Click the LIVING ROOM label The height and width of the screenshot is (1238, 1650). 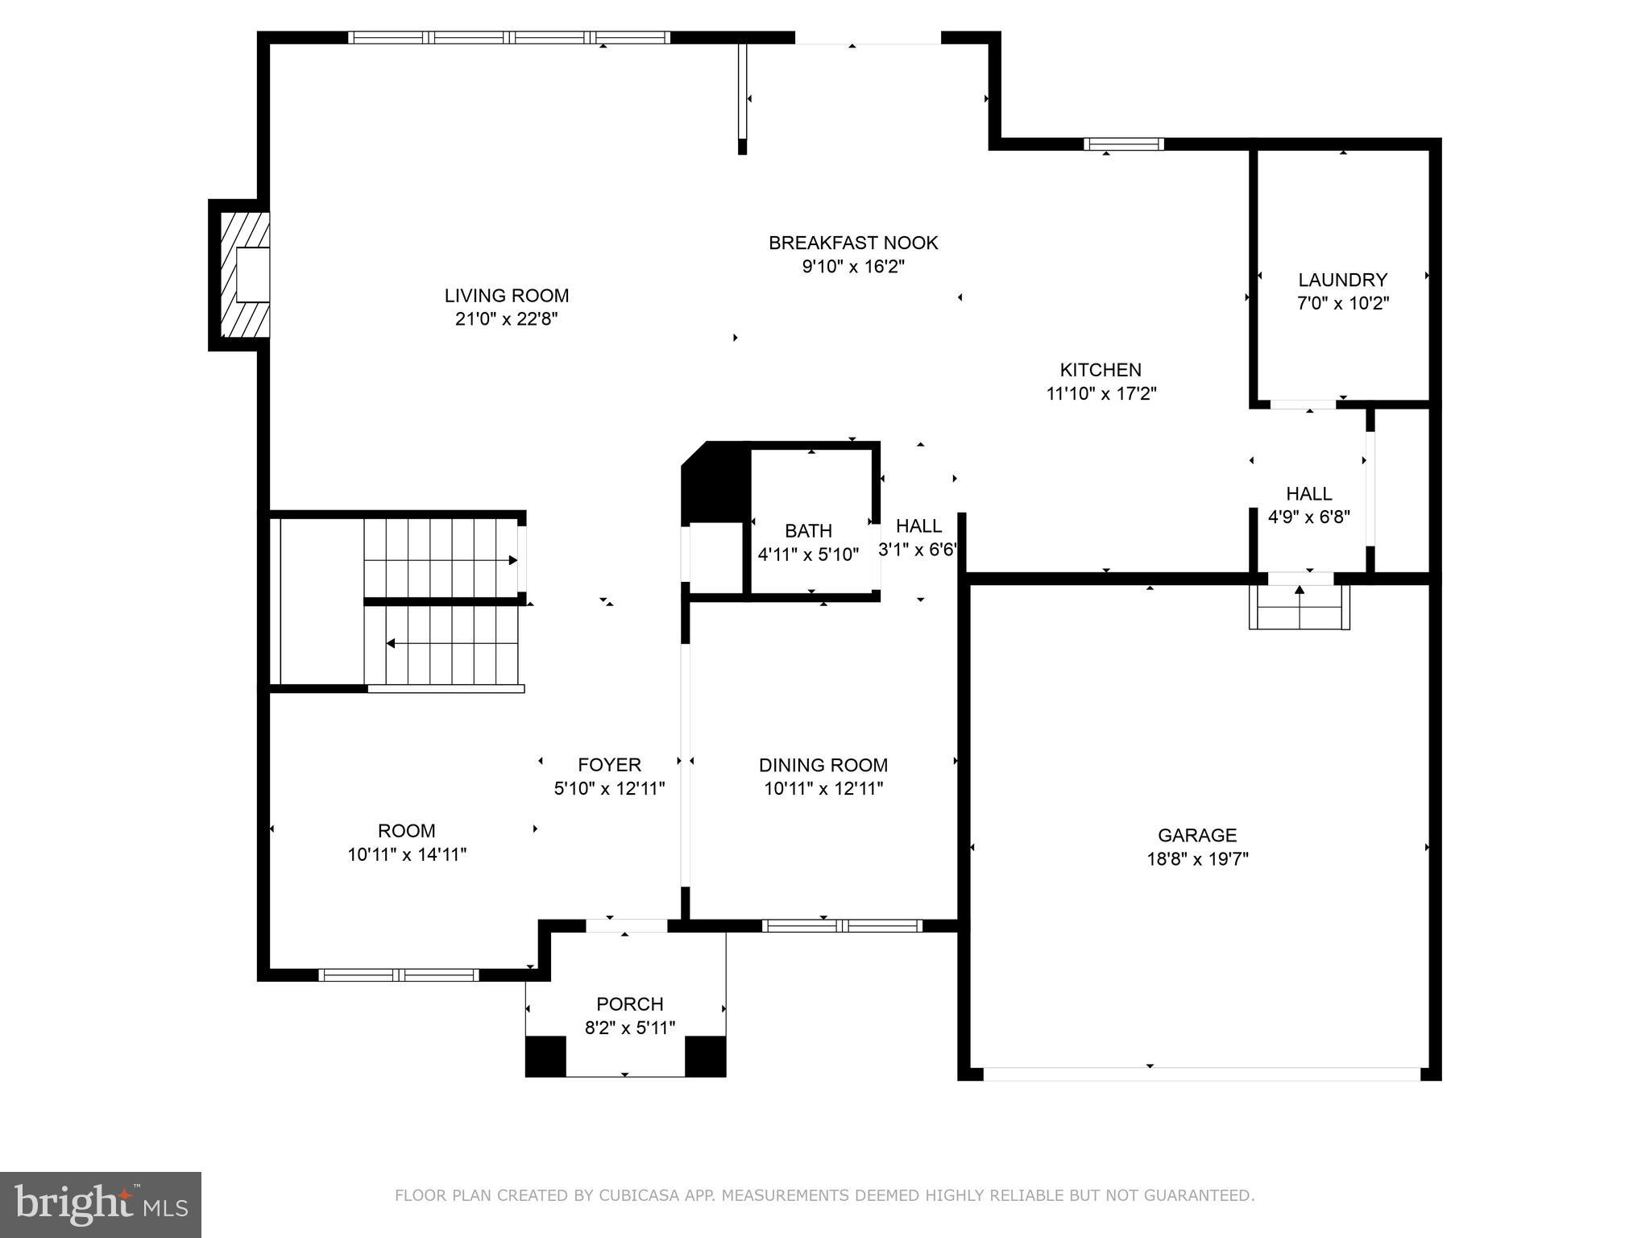507,296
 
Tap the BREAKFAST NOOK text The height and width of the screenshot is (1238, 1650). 853,243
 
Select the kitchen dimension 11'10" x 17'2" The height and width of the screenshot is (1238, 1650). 1101,394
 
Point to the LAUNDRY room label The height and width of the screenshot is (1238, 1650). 1342,280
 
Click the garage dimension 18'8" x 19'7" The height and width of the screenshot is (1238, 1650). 1197,859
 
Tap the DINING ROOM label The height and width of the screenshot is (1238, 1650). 823,765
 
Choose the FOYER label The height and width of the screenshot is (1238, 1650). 609,765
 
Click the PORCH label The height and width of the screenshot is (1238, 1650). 630,1004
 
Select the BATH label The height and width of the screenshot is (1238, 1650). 808,531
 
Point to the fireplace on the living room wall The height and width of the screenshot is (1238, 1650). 240,275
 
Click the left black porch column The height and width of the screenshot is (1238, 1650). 545,1056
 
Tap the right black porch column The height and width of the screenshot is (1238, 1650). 705,1056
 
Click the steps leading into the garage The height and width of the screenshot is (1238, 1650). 1299,607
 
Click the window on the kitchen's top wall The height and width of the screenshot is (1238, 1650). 1124,144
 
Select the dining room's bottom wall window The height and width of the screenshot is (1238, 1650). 842,925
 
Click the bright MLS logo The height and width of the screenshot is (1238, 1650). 101,1204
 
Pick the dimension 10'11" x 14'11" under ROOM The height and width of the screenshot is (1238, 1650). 407,854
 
